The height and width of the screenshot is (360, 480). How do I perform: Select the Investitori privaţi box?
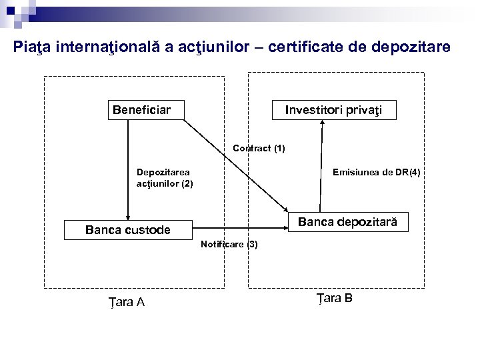334,110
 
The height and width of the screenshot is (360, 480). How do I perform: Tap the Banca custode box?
127,230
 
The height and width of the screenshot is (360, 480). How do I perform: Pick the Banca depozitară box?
347,223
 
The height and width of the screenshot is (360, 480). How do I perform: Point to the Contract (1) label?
259,149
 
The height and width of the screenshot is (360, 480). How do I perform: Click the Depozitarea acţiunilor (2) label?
164,177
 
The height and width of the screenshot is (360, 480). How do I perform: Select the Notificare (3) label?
229,245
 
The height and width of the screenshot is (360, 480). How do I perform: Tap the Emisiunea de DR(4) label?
376,173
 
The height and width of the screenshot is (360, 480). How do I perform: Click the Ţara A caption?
127,302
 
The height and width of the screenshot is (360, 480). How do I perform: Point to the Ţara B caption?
334,298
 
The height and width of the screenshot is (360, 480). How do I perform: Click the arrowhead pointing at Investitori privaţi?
323,124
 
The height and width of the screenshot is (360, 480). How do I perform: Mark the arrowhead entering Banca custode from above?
127,217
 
